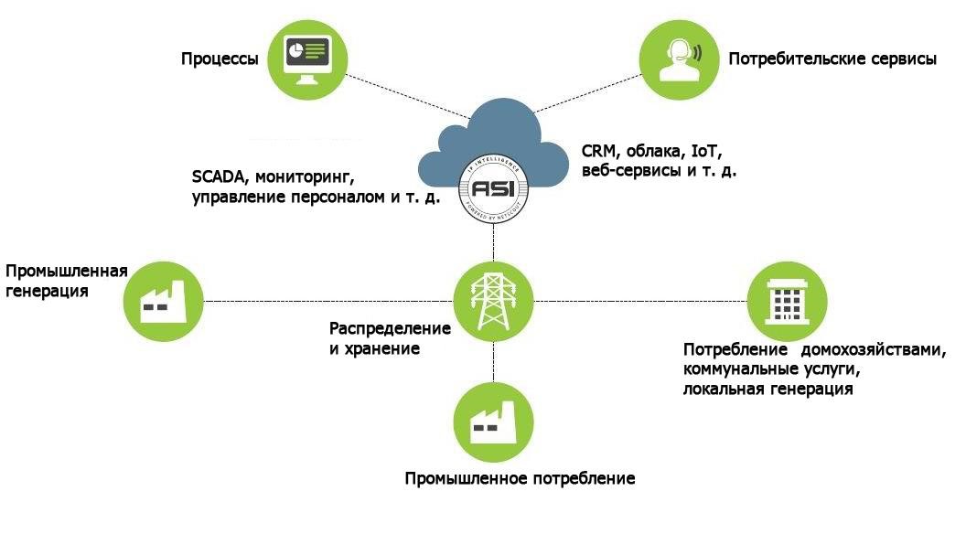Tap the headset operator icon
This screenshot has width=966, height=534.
[677, 59]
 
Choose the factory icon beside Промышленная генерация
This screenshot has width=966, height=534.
[162, 301]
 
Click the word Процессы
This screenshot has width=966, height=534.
[219, 59]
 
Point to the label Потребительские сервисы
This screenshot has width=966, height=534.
[832, 59]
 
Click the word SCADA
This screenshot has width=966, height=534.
[218, 175]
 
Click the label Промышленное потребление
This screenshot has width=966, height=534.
[520, 478]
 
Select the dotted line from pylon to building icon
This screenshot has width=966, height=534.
[640, 301]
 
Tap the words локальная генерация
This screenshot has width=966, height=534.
[767, 390]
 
